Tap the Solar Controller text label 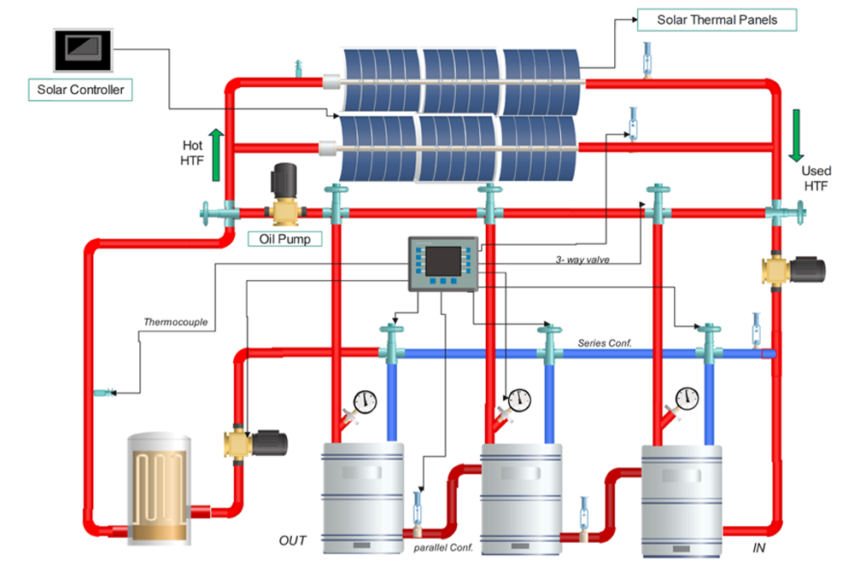[x=81, y=90]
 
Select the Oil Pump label [x=284, y=239]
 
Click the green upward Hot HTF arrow [x=216, y=154]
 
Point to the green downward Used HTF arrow [x=796, y=134]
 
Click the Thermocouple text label [x=174, y=323]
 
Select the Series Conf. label [x=604, y=342]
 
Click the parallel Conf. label [x=443, y=546]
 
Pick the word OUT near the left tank [x=293, y=540]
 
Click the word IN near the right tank [x=758, y=547]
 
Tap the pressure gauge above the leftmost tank [x=365, y=400]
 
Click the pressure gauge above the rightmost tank [x=687, y=397]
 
